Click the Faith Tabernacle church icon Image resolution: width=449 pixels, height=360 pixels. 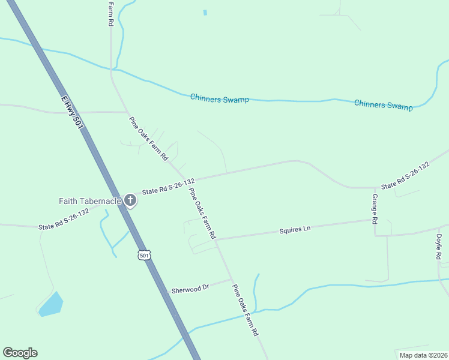click(x=130, y=201)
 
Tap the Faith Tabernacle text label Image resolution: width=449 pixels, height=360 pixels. click(x=89, y=201)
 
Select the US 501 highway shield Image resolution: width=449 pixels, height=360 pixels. click(x=143, y=255)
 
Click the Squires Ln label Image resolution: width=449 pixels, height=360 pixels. click(x=295, y=229)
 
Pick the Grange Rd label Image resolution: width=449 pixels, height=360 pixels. click(x=375, y=209)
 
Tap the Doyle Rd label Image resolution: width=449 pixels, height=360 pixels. click(x=439, y=247)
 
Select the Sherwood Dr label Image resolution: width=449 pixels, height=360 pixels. click(x=190, y=289)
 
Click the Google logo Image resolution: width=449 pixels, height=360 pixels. click(x=20, y=353)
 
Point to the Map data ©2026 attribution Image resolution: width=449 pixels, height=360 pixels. click(x=423, y=355)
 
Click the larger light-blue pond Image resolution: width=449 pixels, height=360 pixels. click(x=51, y=304)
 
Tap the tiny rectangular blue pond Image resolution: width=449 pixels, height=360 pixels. click(x=205, y=12)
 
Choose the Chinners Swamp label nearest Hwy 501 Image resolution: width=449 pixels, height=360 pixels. click(x=219, y=98)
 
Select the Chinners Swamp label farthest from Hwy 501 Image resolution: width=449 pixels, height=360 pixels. click(x=384, y=105)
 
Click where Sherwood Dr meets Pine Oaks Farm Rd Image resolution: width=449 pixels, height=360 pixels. click(x=231, y=279)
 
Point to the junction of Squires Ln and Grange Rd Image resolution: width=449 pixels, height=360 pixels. click(x=375, y=220)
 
